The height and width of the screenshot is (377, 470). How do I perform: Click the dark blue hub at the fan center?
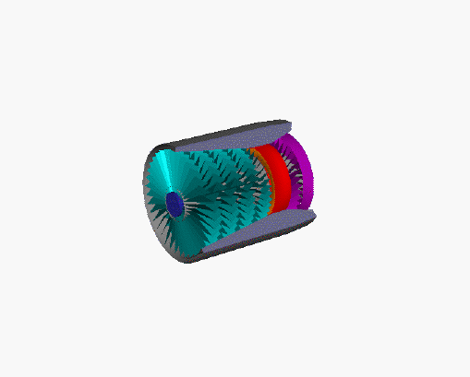pos(174,203)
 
